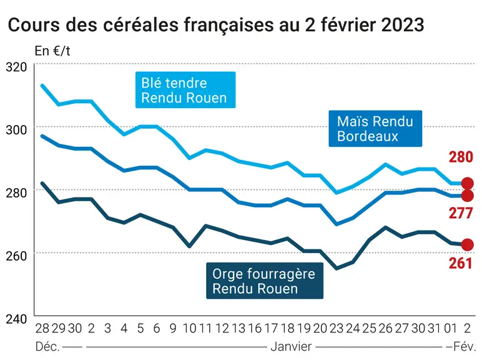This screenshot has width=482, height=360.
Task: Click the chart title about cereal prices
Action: pyautogui.click(x=216, y=24)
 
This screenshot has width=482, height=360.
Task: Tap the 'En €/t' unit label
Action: pyautogui.click(x=52, y=51)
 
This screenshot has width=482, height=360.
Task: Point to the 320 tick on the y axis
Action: pyautogui.click(x=16, y=67)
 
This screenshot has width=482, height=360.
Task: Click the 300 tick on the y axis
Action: pyautogui.click(x=16, y=130)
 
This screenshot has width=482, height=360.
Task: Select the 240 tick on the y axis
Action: pyautogui.click(x=16, y=319)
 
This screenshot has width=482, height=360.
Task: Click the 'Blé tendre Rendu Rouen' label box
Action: pyautogui.click(x=185, y=90)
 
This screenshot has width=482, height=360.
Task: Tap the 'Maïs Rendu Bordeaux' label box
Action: pyautogui.click(x=375, y=128)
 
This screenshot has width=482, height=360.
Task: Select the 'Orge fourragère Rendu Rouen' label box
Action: pyautogui.click(x=265, y=281)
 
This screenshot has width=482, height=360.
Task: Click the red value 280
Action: pyautogui.click(x=461, y=157)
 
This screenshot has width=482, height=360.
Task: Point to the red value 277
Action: pyautogui.click(x=461, y=213)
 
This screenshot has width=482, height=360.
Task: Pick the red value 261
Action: pyautogui.click(x=461, y=263)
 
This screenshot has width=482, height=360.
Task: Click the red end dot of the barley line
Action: pyautogui.click(x=468, y=245)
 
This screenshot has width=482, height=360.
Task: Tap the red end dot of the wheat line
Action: pyautogui.click(x=468, y=184)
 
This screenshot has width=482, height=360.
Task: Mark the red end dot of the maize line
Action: pyautogui.click(x=468, y=196)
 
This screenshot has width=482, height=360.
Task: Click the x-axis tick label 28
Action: pyautogui.click(x=42, y=329)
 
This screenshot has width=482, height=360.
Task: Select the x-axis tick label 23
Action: pyautogui.click(x=337, y=329)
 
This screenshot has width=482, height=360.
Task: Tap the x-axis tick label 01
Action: pyautogui.click(x=451, y=329)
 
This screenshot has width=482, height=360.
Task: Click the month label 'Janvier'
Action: pyautogui.click(x=291, y=347)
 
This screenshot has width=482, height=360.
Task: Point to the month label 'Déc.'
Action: pyautogui.click(x=47, y=347)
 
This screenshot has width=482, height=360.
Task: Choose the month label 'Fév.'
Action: pyautogui.click(x=465, y=347)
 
